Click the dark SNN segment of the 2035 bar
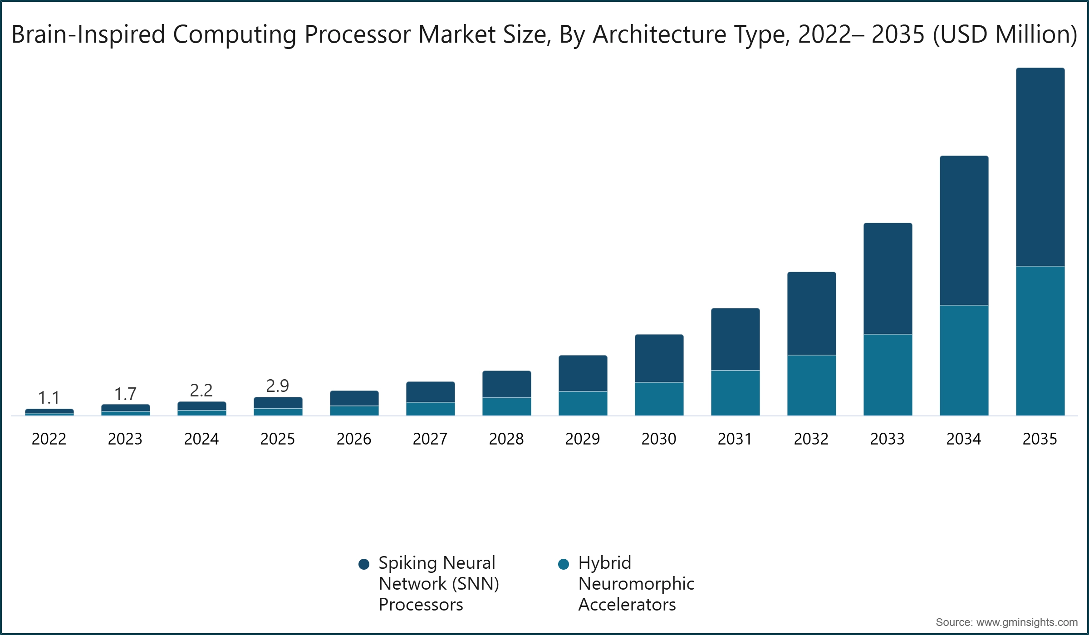(x=1040, y=167)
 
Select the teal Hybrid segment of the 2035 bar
(x=1040, y=341)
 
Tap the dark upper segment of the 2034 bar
(x=964, y=230)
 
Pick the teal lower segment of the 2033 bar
(x=888, y=375)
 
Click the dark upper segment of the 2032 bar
(x=811, y=313)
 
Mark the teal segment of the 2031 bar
(x=735, y=393)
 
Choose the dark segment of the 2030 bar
(x=659, y=358)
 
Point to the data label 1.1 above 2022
(x=49, y=398)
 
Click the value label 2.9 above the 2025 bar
(x=277, y=386)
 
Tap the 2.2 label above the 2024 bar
(x=201, y=391)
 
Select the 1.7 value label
(x=125, y=394)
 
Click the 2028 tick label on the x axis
(x=506, y=439)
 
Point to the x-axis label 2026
(x=354, y=439)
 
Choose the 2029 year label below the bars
(x=583, y=439)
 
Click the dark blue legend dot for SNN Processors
(x=363, y=564)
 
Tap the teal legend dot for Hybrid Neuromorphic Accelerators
(x=563, y=564)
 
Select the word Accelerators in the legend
(x=627, y=605)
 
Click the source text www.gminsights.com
(x=1026, y=622)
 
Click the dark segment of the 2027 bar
(x=430, y=392)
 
